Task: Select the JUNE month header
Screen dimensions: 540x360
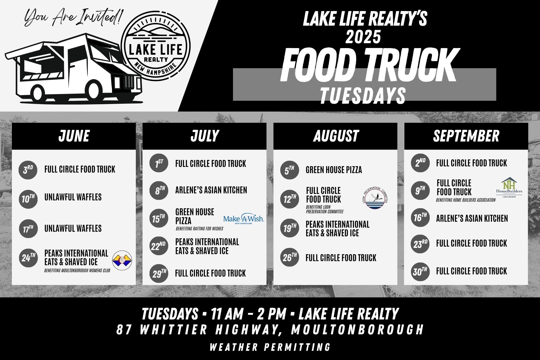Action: pyautogui.click(x=74, y=136)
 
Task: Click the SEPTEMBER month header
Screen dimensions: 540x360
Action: pyautogui.click(x=466, y=136)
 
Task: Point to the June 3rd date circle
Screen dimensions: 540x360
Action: pyautogui.click(x=28, y=170)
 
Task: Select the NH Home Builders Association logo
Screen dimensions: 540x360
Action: pyautogui.click(x=509, y=187)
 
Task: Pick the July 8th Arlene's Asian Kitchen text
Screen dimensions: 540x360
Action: pyautogui.click(x=211, y=190)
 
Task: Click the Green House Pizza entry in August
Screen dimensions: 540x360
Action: pyautogui.click(x=334, y=170)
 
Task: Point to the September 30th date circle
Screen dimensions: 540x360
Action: pyautogui.click(x=420, y=271)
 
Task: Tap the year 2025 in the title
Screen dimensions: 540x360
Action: pyautogui.click(x=363, y=37)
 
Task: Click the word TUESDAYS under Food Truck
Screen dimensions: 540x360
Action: pyautogui.click(x=363, y=95)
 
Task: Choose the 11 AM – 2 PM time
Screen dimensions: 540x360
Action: pyautogui.click(x=249, y=314)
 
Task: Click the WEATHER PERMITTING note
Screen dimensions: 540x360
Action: pyautogui.click(x=270, y=347)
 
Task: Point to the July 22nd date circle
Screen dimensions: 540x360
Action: pyautogui.click(x=159, y=246)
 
